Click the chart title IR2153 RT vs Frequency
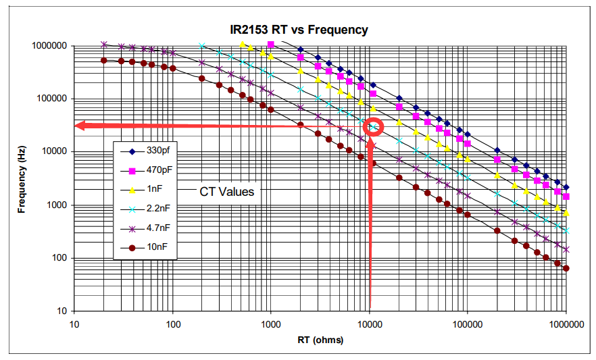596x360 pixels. [x=297, y=30]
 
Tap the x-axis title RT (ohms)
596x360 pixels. [x=320, y=340]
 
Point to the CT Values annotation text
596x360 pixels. [x=227, y=192]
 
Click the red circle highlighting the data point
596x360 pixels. [x=373, y=126]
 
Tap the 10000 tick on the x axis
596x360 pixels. [x=370, y=324]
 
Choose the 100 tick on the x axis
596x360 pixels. [x=173, y=324]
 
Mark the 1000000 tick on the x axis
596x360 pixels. [x=566, y=324]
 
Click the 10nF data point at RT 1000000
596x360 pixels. [x=566, y=268]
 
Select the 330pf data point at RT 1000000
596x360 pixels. [x=566, y=187]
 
